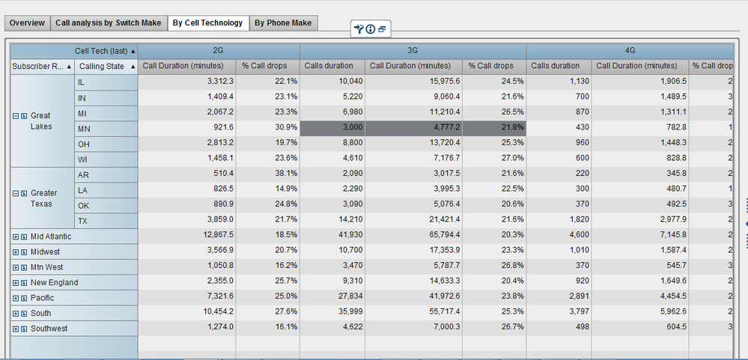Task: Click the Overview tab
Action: point(27,23)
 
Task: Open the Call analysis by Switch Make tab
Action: point(108,23)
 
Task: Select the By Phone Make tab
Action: point(283,23)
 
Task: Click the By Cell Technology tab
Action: point(207,23)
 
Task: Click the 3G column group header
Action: point(413,51)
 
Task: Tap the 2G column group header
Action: point(219,51)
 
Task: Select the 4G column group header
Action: point(630,51)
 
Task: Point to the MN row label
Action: point(85,129)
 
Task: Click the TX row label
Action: point(84,221)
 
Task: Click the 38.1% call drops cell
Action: point(267,175)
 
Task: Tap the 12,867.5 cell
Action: point(186,237)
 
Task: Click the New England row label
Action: point(54,283)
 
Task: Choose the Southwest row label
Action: point(49,329)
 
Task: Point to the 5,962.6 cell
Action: point(639,314)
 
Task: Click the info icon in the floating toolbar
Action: point(371,29)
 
